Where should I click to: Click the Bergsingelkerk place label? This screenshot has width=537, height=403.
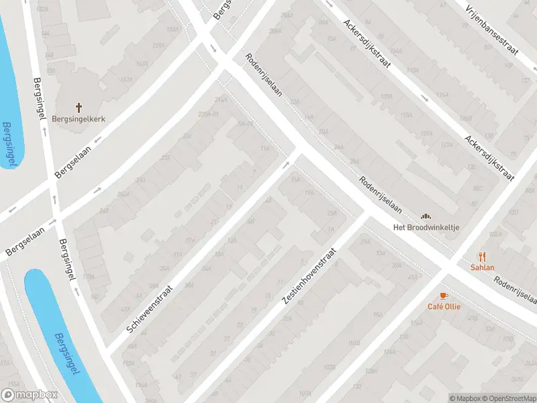(x=79, y=119)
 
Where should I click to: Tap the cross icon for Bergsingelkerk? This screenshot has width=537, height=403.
(x=79, y=107)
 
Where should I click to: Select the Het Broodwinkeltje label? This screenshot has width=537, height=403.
(x=426, y=227)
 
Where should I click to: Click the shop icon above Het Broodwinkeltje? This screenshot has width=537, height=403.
(x=426, y=216)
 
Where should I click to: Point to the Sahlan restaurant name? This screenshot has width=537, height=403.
(x=481, y=267)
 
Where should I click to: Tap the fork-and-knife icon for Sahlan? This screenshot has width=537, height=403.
(x=481, y=256)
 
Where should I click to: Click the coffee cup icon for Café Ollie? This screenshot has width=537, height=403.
(x=443, y=296)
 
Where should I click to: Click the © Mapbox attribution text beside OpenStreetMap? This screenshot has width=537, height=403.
(x=465, y=398)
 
